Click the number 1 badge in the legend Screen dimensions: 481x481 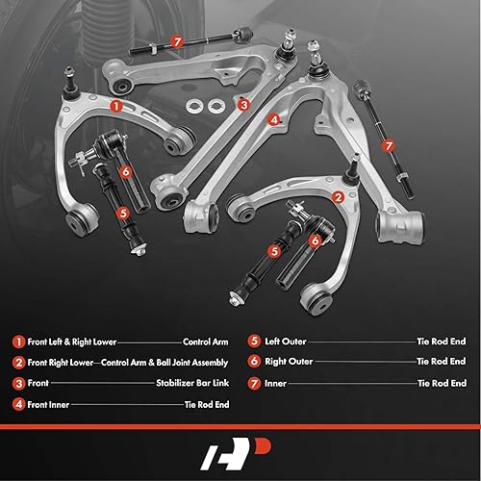17,342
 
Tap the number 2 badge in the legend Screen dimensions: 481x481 17,363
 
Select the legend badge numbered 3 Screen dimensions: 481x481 17,384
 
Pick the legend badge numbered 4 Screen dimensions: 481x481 17,405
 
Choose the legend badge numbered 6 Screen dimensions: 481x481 254,363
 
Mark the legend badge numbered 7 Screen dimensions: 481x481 254,384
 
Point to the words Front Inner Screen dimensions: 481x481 53,405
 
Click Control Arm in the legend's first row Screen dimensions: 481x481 205,342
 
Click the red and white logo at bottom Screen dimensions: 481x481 240,449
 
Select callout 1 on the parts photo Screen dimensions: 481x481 116,107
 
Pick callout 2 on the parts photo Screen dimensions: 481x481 339,196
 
